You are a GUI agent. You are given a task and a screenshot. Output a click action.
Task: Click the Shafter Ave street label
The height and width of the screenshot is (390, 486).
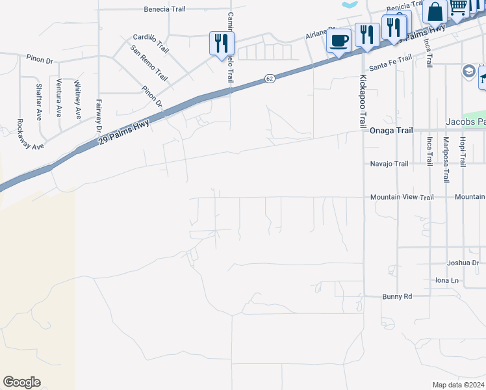(x=39, y=101)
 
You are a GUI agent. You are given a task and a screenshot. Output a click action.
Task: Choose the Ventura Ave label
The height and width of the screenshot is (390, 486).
(x=59, y=98)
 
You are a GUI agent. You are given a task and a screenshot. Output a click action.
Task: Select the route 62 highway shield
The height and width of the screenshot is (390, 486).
(x=269, y=79)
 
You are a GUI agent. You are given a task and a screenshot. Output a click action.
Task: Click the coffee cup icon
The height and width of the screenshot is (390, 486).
(x=339, y=42)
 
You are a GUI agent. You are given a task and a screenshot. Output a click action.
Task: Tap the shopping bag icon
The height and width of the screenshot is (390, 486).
(x=434, y=11)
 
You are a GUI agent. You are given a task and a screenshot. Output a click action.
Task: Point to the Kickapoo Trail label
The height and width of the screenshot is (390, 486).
(x=363, y=101)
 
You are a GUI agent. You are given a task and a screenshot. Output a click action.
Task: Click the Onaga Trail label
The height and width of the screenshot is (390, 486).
(x=391, y=131)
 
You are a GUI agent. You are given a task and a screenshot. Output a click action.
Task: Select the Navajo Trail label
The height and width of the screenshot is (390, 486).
(x=389, y=164)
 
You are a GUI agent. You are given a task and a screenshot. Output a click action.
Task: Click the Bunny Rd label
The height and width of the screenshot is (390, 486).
(x=398, y=296)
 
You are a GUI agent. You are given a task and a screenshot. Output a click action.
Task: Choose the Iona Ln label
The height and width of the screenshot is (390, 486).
(x=446, y=281)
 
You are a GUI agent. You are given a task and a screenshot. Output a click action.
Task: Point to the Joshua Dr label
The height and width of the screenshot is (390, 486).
(x=463, y=263)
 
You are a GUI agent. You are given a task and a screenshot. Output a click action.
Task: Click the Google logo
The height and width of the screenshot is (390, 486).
(x=21, y=382)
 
